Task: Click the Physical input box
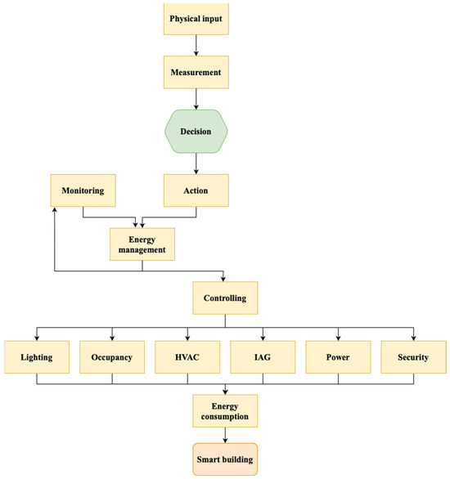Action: click(196, 18)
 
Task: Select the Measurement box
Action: click(196, 72)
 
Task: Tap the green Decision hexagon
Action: click(196, 131)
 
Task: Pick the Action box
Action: click(196, 190)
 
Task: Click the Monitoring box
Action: click(83, 190)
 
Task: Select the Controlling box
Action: click(224, 298)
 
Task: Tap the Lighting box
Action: click(36, 357)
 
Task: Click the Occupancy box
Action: click(111, 357)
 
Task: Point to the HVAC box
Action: click(187, 357)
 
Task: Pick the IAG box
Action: click(262, 357)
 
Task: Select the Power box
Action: click(338, 357)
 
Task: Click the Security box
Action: click(413, 357)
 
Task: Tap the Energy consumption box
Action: click(224, 410)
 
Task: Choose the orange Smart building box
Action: click(224, 459)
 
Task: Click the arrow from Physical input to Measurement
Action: click(196, 45)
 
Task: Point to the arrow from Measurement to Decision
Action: click(196, 99)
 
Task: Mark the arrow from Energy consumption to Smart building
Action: click(224, 435)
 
